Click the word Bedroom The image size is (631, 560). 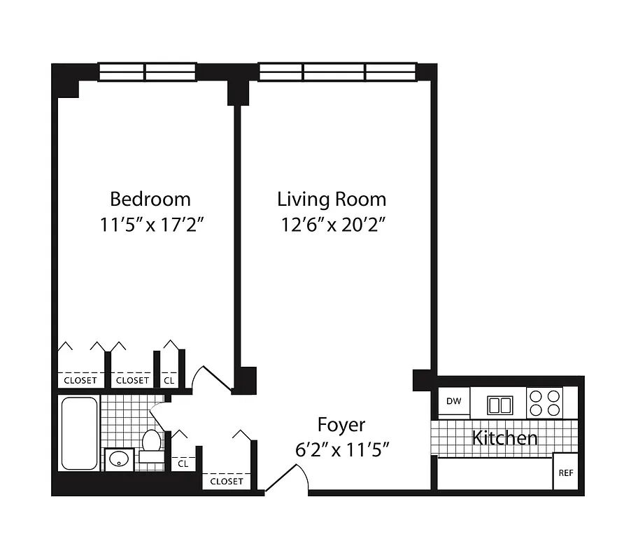click(x=150, y=199)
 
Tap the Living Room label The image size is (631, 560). click(x=332, y=199)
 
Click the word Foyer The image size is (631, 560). click(x=341, y=424)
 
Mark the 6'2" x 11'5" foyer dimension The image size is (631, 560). click(x=341, y=450)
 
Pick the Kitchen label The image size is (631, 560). click(x=505, y=438)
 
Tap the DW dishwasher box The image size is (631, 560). click(x=453, y=401)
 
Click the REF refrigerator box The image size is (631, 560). click(x=565, y=473)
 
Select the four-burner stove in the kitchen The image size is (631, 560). click(x=544, y=402)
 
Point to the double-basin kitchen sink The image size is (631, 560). click(x=500, y=405)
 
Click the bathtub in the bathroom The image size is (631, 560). click(x=79, y=433)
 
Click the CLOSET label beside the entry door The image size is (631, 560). click(x=227, y=481)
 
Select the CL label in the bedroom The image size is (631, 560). click(x=169, y=380)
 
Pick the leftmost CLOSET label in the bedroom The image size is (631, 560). click(x=80, y=380)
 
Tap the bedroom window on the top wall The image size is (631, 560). click(x=146, y=72)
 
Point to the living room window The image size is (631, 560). click(x=337, y=72)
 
